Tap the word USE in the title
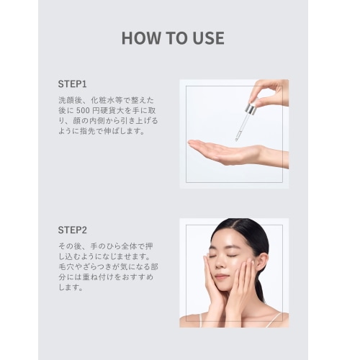tap(209, 38)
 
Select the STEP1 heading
tap(72, 84)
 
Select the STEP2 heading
tap(72, 230)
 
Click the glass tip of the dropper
tap(237, 138)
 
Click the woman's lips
tap(220, 276)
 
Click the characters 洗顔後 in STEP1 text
tap(70, 100)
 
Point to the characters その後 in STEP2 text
tap(70, 246)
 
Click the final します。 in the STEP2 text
tap(71, 287)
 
